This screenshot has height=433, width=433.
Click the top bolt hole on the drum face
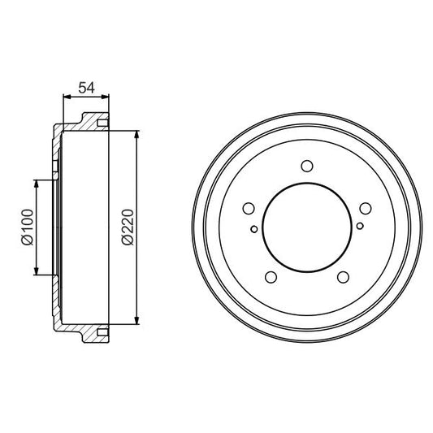pyautogui.click(x=306, y=167)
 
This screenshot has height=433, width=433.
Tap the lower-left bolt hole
pyautogui.click(x=271, y=279)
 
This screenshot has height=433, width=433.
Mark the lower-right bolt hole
pyautogui.click(x=341, y=279)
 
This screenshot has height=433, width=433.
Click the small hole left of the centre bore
pyautogui.click(x=255, y=228)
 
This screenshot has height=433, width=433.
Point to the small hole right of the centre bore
pyautogui.click(x=358, y=228)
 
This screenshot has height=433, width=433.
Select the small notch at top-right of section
pyautogui.click(x=102, y=123)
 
